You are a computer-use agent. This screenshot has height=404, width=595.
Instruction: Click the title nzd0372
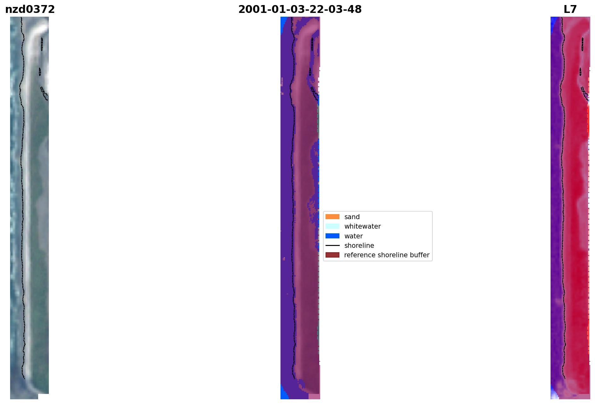[30, 9]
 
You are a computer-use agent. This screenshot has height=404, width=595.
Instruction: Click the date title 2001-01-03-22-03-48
[300, 9]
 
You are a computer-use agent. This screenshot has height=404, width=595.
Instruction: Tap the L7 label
[570, 9]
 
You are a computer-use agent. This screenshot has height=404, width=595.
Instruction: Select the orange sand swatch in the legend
[332, 217]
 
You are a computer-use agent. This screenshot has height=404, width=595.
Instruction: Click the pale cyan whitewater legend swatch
[332, 226]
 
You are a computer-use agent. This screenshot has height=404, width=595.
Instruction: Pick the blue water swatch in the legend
[332, 236]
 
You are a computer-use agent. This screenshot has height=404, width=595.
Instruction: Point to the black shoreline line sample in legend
[332, 245]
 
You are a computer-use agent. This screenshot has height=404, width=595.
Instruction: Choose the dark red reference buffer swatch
[332, 255]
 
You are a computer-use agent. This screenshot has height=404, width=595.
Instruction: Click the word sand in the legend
[352, 217]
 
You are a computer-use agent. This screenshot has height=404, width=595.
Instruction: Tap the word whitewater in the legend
[362, 226]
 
